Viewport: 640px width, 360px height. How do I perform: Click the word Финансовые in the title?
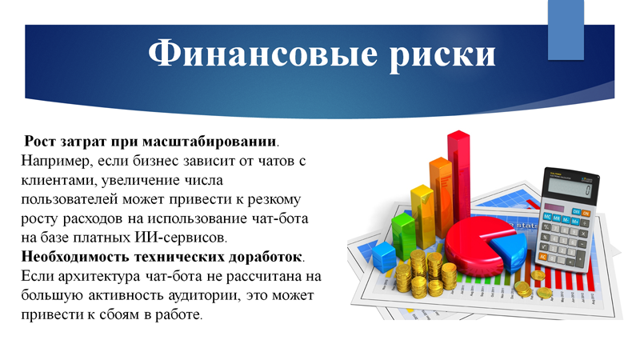point(262,54)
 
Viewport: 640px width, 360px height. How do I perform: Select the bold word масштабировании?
point(210,142)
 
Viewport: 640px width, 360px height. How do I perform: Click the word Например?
point(54,162)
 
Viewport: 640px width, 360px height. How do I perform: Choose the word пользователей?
point(70,199)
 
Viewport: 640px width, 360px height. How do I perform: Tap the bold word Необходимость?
point(75,257)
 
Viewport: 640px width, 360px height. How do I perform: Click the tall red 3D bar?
point(458,179)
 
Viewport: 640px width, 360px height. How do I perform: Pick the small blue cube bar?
point(384,256)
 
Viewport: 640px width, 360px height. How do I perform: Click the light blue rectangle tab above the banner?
point(566,30)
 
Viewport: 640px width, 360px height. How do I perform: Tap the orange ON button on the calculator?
point(586,213)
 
